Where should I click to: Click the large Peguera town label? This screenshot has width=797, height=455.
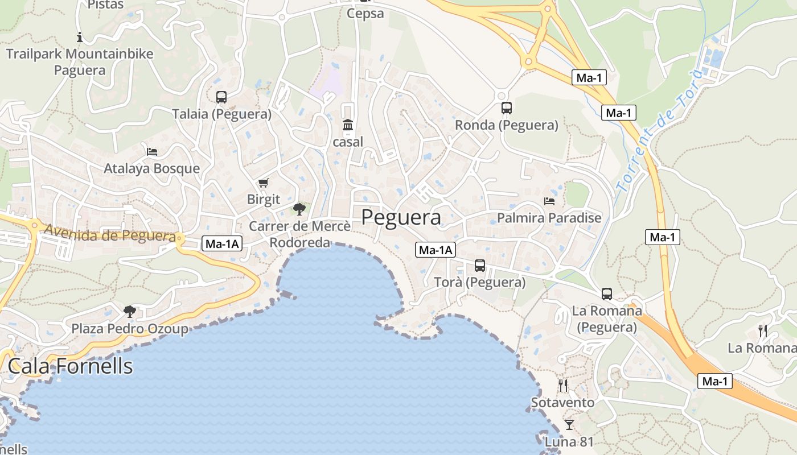401,217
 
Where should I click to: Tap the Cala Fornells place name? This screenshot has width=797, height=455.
70,366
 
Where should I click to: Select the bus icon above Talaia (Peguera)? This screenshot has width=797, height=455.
221,97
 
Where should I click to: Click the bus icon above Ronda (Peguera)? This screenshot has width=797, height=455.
507,107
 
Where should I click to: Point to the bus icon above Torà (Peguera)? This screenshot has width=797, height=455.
480,265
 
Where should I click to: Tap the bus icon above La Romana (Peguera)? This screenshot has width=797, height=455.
607,294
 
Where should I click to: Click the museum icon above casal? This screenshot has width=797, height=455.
347,125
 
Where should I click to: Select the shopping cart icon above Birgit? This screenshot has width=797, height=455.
263,183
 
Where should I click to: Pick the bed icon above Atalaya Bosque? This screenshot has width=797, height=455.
152,151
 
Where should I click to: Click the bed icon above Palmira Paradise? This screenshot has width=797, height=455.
549,201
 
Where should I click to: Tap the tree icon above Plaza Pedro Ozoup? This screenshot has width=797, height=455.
130,311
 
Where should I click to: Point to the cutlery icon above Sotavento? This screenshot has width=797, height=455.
563,386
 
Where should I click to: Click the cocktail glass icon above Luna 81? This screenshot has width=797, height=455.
569,424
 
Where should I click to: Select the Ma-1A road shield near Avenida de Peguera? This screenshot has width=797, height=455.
223,244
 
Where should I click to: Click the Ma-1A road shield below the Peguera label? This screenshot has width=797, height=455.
436,249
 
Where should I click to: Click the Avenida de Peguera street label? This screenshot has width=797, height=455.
109,233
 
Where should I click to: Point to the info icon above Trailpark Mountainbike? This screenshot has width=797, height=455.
80,38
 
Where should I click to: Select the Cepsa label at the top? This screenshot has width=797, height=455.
365,14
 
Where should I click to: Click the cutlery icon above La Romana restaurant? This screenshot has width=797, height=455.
763,330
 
